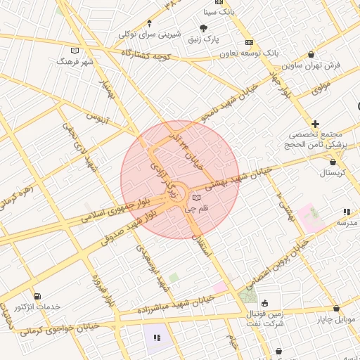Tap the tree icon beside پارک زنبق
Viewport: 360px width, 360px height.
[204, 29]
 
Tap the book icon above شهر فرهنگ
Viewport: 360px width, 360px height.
[75, 51]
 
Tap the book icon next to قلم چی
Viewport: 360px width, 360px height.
[196, 198]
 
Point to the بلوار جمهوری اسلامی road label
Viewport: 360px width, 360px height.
[112, 205]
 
